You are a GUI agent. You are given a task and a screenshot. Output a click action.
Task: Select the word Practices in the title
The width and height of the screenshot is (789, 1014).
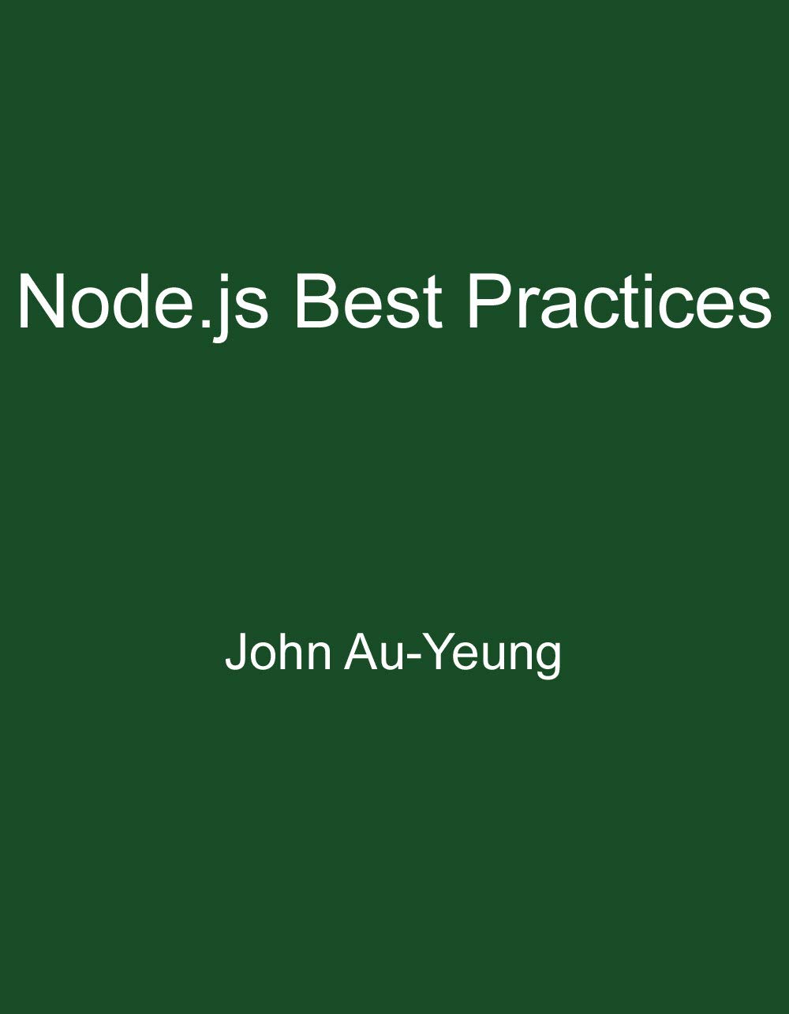(x=619, y=301)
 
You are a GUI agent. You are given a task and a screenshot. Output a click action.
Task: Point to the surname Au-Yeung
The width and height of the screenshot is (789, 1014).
(x=453, y=653)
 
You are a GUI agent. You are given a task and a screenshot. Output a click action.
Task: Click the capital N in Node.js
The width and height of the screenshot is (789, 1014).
(x=43, y=301)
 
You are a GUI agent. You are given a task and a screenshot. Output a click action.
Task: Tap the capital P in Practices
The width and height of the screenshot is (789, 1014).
(x=490, y=301)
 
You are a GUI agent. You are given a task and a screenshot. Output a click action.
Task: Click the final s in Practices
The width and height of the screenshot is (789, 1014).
(x=755, y=308)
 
